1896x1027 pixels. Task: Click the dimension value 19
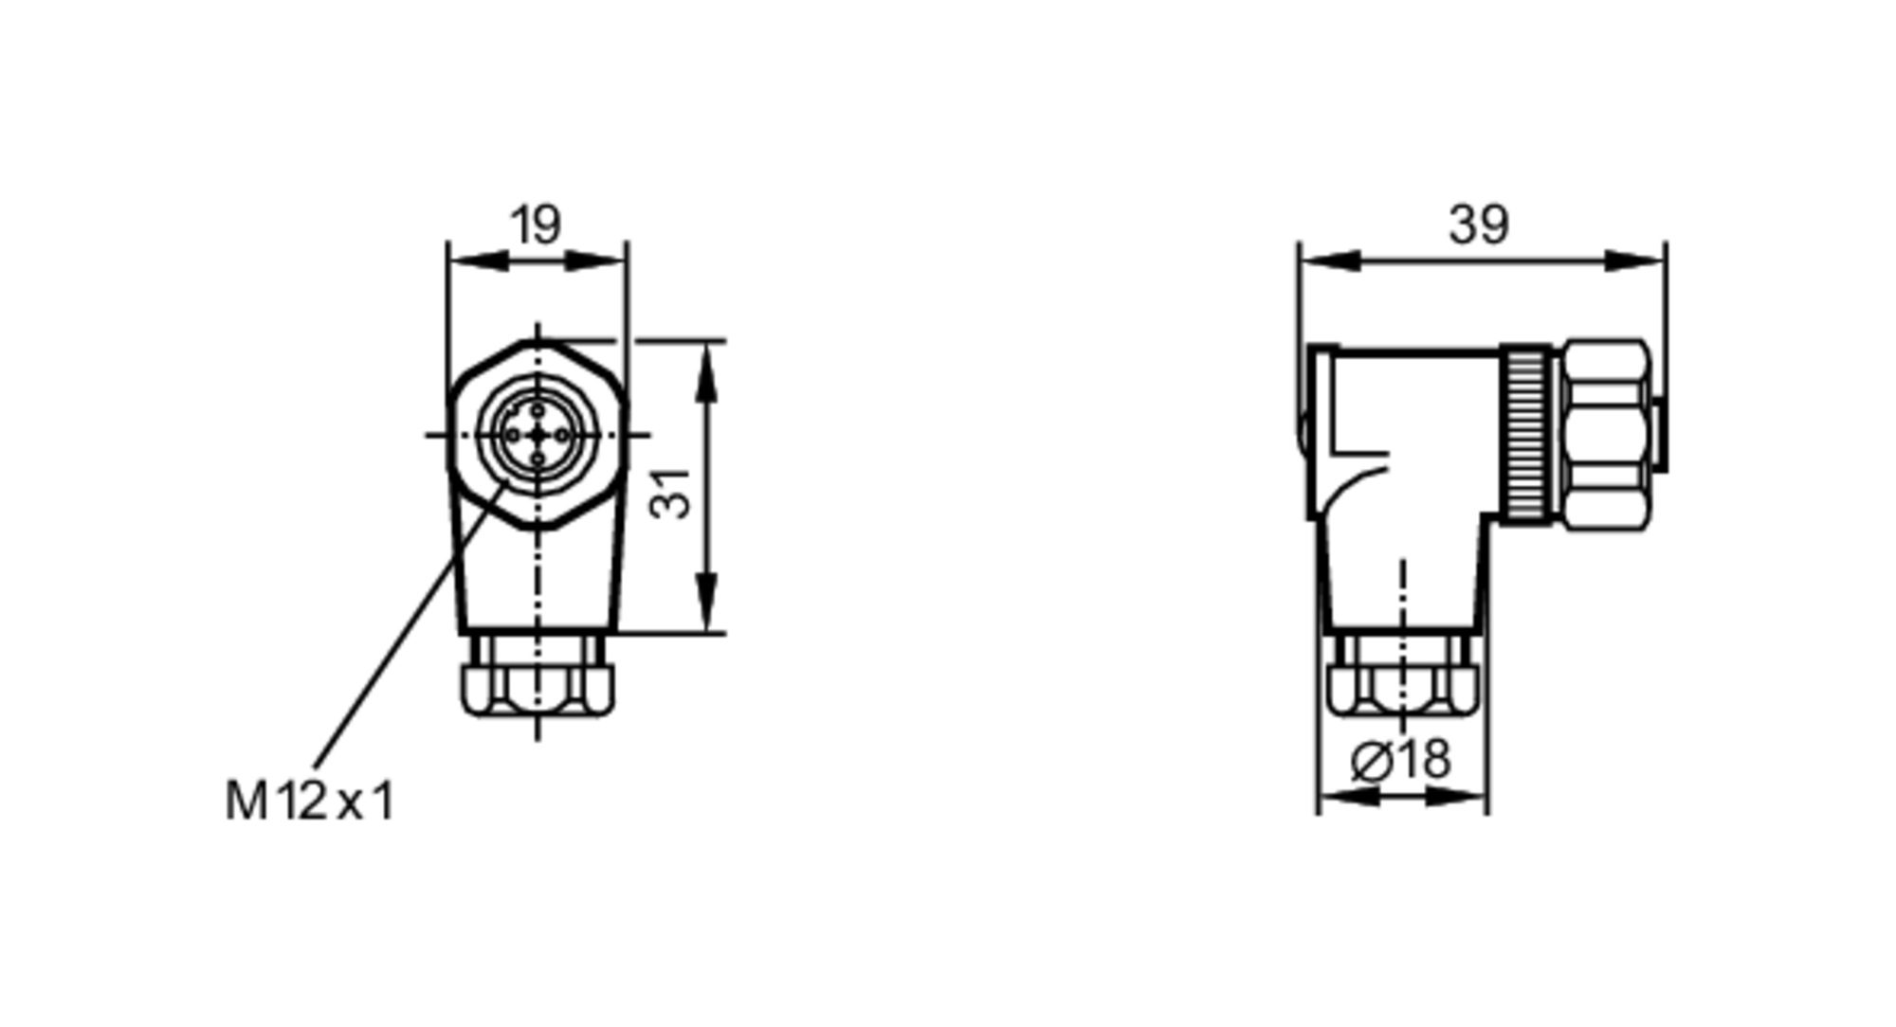point(536,225)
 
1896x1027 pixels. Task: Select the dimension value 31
point(671,494)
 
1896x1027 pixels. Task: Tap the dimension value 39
point(1478,225)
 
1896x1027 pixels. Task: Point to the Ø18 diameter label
point(1400,760)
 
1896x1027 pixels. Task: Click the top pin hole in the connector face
point(538,410)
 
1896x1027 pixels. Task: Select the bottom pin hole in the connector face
point(538,459)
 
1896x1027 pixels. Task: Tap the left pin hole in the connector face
point(513,435)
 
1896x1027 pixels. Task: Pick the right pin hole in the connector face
point(562,435)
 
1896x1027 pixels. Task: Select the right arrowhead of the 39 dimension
point(1634,261)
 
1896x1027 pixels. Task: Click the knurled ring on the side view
point(1526,434)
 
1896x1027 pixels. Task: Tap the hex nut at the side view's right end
point(1606,434)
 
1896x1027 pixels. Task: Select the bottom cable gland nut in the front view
point(538,690)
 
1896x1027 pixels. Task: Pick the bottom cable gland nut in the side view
point(1402,690)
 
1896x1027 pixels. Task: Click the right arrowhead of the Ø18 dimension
point(1455,797)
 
